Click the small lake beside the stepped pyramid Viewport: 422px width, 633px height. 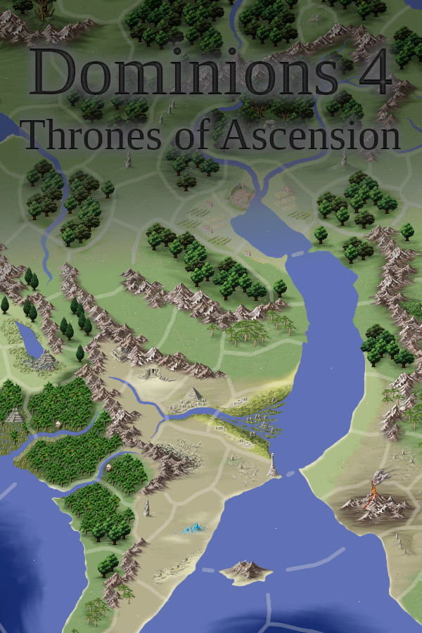coord(31,340)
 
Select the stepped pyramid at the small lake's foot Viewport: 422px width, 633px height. coord(46,360)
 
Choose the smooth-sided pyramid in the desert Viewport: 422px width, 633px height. coord(195,394)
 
